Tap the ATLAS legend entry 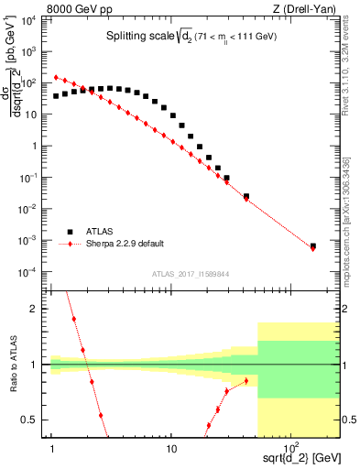pos(103,232)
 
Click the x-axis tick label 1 pos(52,446)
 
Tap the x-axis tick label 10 pos(171,446)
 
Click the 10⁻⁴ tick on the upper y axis pos(35,272)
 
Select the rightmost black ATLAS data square pos(313,245)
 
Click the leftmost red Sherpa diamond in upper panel pos(56,78)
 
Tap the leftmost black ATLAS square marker pos(56,95)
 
